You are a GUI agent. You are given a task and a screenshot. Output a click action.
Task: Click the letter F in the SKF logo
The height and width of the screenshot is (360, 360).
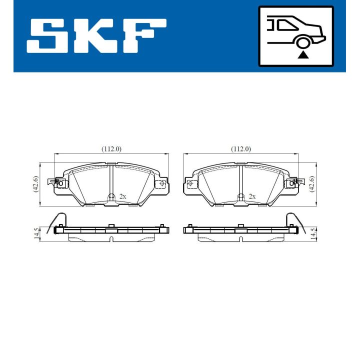pos(145,37)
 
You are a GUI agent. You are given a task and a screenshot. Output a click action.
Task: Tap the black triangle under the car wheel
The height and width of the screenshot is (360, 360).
pos(302,54)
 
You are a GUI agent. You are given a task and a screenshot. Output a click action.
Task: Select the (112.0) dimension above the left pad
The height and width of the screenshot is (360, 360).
pos(111,149)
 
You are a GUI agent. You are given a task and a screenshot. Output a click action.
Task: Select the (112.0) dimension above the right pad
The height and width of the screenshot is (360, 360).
pos(240,149)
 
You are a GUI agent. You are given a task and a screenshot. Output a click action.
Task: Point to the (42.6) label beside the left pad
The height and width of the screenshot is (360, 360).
pos(35,184)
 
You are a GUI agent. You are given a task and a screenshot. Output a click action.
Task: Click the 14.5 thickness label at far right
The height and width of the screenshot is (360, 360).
pos(313,234)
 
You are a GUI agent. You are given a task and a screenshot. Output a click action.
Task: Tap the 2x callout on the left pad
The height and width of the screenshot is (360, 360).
pos(123,196)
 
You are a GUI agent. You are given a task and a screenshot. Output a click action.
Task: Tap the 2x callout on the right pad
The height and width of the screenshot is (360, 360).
pos(252,196)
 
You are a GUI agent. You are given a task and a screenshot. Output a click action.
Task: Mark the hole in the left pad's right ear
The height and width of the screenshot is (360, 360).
pos(162,183)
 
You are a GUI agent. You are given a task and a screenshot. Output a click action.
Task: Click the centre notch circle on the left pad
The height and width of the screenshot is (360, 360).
pos(111,196)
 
